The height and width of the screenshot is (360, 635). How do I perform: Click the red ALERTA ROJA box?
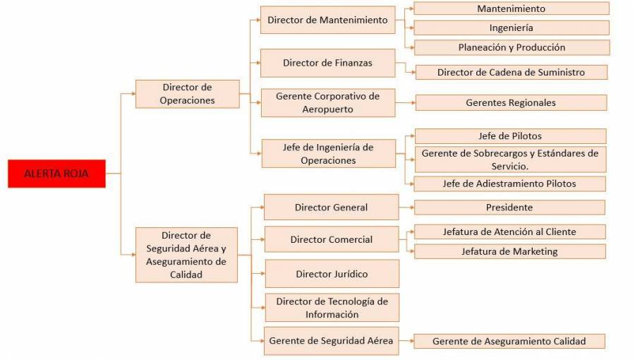pyautogui.click(x=56, y=174)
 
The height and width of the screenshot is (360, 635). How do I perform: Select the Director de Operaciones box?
pyautogui.click(x=187, y=94)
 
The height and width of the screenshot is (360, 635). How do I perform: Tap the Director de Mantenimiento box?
pyautogui.click(x=327, y=20)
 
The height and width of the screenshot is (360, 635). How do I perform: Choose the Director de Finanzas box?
pyautogui.click(x=327, y=63)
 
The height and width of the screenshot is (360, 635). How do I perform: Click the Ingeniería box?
pyautogui.click(x=511, y=28)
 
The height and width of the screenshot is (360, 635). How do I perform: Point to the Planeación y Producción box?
pyautogui.click(x=511, y=47)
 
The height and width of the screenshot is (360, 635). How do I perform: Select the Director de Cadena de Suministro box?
pyautogui.click(x=511, y=72)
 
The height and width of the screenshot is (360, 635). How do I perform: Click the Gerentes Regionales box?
pyautogui.click(x=511, y=103)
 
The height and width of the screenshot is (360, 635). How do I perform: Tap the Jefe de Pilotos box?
pyautogui.click(x=510, y=136)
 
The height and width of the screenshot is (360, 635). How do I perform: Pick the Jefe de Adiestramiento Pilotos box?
pyautogui.click(x=509, y=184)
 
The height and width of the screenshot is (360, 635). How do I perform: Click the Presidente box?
pyautogui.click(x=509, y=208)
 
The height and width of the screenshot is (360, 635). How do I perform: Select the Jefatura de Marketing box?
pyautogui.click(x=509, y=251)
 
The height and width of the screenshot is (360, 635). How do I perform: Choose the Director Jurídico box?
pyautogui.click(x=332, y=274)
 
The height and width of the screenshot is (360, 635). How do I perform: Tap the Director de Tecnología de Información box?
pyautogui.click(x=332, y=308)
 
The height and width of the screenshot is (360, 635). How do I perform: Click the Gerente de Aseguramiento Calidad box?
pyautogui.click(x=509, y=341)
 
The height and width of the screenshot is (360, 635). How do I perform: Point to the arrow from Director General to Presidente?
pyautogui.click(x=406, y=208)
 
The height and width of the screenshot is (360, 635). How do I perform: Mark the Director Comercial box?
pyautogui.click(x=332, y=239)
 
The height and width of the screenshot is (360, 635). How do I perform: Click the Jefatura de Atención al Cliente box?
pyautogui.click(x=509, y=232)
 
